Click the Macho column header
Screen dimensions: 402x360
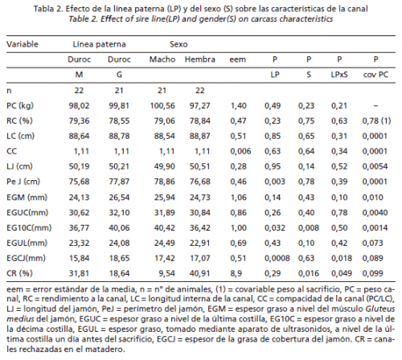(x=162, y=59)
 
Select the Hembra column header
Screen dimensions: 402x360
(x=200, y=59)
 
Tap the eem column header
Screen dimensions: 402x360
(x=237, y=59)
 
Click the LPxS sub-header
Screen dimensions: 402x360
(x=339, y=75)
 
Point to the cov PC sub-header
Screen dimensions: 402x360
(x=375, y=75)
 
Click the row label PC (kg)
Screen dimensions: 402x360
(x=20, y=106)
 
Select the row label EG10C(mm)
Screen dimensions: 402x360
(x=29, y=228)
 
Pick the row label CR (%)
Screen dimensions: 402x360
(x=19, y=273)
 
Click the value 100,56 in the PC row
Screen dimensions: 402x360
(x=162, y=105)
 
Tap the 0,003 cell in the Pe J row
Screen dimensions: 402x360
(x=275, y=182)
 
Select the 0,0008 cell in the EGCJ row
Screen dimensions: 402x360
(x=277, y=258)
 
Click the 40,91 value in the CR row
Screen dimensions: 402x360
(x=199, y=273)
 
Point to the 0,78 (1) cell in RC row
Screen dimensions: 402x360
(x=376, y=121)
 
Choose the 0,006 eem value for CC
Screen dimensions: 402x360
(x=240, y=151)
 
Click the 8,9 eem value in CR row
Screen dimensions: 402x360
(x=236, y=273)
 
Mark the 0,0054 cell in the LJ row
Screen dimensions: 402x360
(x=375, y=166)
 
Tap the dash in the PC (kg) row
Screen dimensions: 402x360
(x=375, y=106)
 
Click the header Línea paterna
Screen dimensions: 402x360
(x=99, y=44)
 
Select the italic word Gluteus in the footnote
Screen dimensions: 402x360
(x=380, y=309)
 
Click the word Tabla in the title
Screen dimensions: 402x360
(x=43, y=9)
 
